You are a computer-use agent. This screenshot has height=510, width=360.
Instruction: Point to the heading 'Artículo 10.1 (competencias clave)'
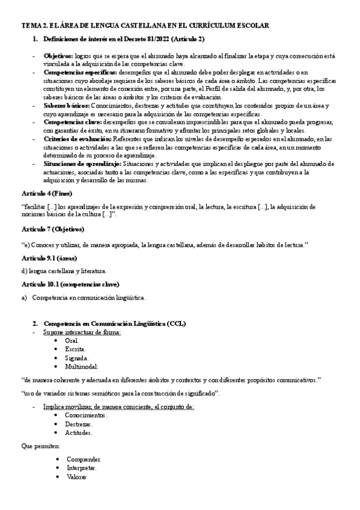(70, 284)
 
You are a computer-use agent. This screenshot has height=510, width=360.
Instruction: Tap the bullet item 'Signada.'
(76, 357)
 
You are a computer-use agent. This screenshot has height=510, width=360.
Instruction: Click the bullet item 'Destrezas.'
(79, 423)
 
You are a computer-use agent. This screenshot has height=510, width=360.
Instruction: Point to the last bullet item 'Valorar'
(76, 476)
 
